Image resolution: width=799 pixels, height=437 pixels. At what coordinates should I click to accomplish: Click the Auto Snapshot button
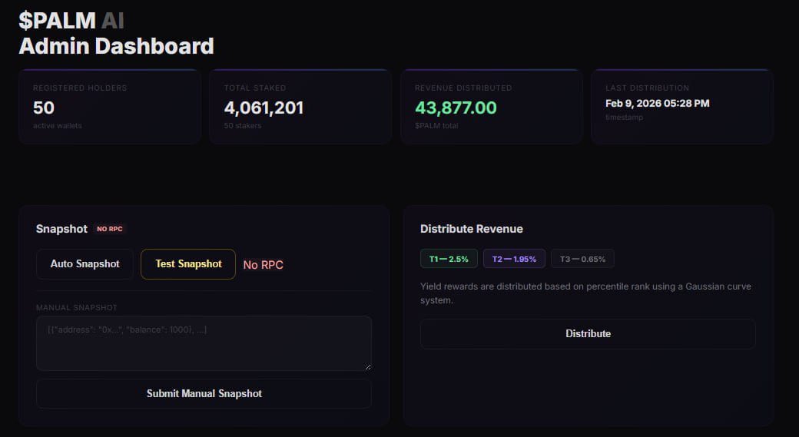(x=85, y=264)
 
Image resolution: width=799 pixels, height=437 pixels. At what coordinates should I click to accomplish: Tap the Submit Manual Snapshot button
(x=204, y=393)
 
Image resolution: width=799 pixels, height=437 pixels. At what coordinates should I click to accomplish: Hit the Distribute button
(x=588, y=334)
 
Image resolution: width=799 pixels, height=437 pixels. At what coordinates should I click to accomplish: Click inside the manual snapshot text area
(x=204, y=343)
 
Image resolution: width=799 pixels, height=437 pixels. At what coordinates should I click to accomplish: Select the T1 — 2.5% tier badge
(x=449, y=259)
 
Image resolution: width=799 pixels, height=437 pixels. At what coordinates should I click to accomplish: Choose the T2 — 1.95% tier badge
(x=514, y=259)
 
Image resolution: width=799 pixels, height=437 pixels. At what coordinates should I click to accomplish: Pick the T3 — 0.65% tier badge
(x=582, y=259)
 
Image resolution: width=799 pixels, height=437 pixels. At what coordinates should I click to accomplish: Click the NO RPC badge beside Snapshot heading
(x=109, y=229)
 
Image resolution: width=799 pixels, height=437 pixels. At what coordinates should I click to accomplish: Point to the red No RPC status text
(x=263, y=265)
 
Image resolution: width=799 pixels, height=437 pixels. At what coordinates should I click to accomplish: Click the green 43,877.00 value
(x=456, y=108)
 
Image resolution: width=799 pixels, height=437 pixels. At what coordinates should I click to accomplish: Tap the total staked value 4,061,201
(x=264, y=108)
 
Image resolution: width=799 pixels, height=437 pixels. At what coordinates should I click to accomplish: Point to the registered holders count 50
(x=44, y=108)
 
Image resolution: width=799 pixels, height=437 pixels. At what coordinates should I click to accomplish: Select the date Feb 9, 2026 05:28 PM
(x=657, y=103)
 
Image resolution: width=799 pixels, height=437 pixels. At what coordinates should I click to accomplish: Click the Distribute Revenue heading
(x=471, y=229)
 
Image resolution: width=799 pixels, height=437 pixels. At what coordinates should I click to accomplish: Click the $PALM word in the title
(x=57, y=21)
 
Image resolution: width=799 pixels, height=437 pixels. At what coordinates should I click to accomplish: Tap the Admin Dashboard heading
(x=116, y=46)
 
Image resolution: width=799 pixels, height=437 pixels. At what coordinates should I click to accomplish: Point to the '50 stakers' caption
(x=242, y=125)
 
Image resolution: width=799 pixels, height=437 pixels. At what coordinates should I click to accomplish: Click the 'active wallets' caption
(x=57, y=125)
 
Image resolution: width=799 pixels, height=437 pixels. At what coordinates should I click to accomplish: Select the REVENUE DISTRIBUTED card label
(x=462, y=88)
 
